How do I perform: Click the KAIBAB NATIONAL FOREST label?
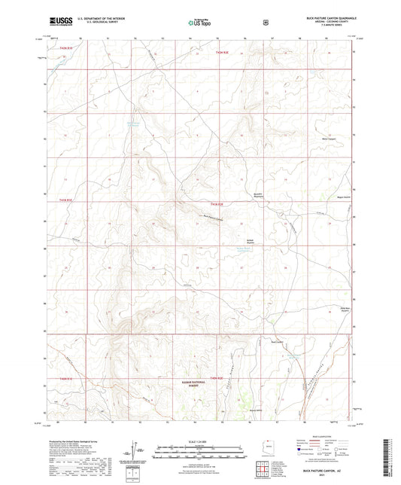(x=195, y=382)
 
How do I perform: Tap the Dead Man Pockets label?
(x=331, y=308)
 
